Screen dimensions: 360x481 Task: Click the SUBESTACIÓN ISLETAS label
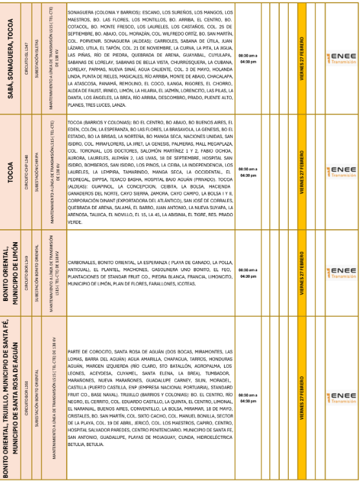tap(39, 59)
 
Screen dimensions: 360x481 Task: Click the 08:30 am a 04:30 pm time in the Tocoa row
tap(248, 172)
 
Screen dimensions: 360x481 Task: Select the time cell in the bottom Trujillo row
tap(248, 397)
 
